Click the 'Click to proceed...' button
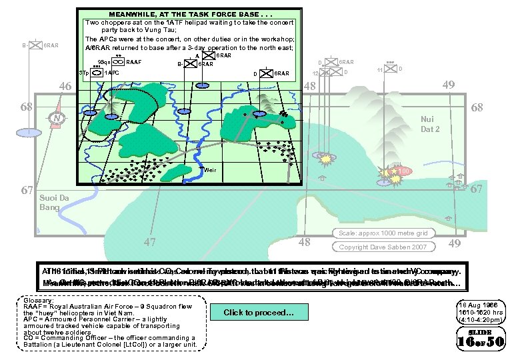pos(258,312)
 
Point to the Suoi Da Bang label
pos(49,203)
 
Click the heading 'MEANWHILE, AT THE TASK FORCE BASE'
pos(189,14)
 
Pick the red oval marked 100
pos(403,171)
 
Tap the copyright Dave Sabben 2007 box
pos(375,247)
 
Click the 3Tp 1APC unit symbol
pos(97,72)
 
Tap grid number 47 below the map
pos(152,241)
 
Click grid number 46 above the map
pos(65,86)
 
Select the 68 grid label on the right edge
pos(477,107)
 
